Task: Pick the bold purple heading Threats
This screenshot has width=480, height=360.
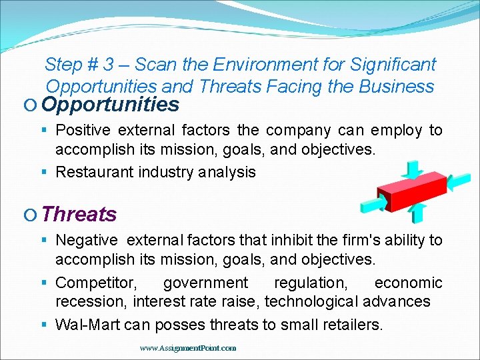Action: (x=79, y=215)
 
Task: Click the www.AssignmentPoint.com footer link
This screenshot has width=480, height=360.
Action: (x=188, y=348)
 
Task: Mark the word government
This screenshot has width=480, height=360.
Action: (x=205, y=283)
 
